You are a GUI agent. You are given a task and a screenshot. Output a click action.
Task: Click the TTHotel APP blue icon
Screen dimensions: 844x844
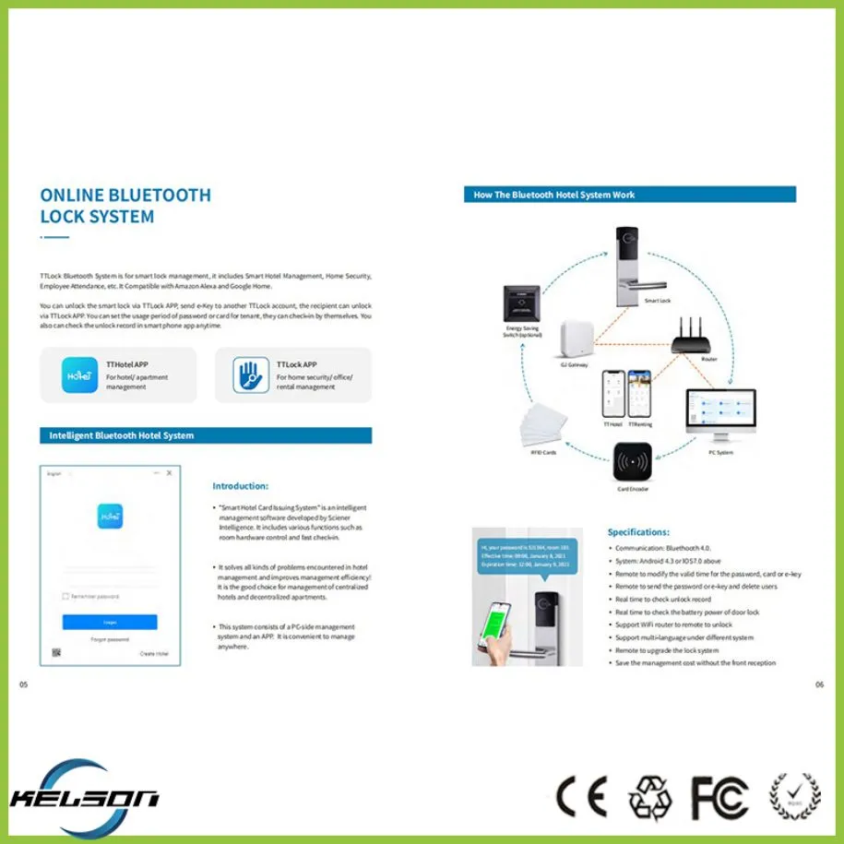coord(79,375)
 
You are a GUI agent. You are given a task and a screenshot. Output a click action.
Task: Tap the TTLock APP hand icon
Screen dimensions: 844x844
coord(244,375)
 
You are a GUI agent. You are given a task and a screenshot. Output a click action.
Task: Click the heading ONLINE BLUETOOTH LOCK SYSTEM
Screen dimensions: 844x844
coord(125,206)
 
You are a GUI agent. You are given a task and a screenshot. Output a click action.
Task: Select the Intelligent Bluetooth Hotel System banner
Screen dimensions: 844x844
coord(206,435)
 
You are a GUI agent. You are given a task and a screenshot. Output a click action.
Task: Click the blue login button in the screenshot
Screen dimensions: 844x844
coord(110,623)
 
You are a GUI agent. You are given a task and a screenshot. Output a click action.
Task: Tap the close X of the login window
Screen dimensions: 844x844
coord(169,473)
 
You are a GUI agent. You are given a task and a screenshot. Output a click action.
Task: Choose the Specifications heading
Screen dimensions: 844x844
coord(638,532)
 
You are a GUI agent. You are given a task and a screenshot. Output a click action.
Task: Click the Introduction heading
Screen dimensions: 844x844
coord(240,486)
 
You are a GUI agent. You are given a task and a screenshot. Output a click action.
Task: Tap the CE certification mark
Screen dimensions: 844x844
coord(581,795)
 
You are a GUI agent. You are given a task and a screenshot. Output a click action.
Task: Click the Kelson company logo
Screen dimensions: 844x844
coord(84,794)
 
